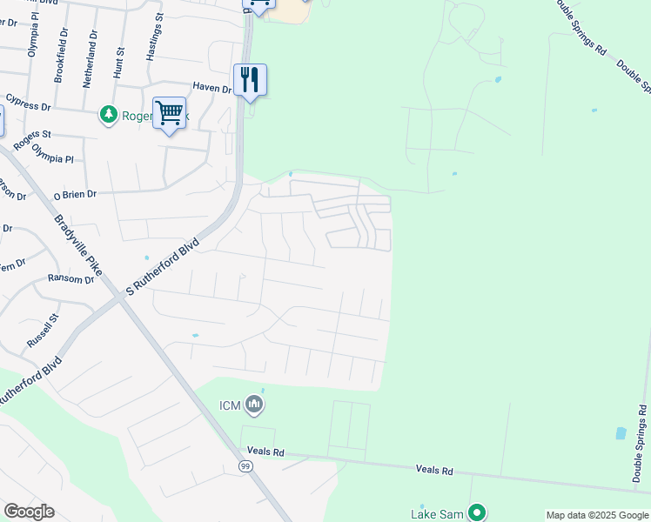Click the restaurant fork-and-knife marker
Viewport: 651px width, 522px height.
pos(250,80)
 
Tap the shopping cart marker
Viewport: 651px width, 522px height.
pos(169,112)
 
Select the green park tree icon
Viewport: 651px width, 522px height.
pos(109,114)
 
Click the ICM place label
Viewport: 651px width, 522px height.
pos(229,405)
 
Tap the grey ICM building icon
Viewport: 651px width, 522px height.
pos(254,404)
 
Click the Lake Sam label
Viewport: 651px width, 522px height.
pos(437,514)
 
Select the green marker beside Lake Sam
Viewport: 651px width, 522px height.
pos(476,512)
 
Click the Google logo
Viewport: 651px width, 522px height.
pos(29,511)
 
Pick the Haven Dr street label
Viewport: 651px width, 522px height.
pos(211,87)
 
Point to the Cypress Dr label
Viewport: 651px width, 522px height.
pos(29,104)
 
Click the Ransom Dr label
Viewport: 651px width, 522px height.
pos(70,279)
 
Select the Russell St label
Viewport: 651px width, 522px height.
pos(42,331)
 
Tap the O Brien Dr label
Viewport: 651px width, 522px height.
pos(75,196)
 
